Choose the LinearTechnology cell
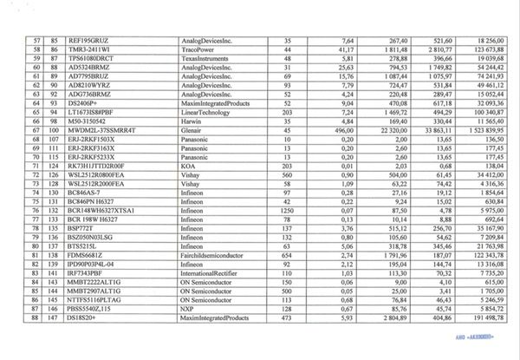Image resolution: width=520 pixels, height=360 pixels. [x=208, y=112]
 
